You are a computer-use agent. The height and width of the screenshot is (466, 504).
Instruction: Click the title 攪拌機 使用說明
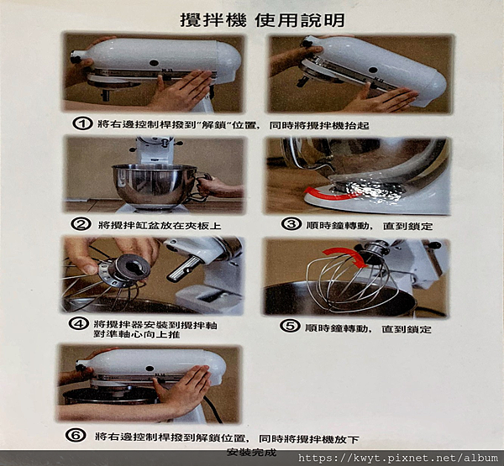(262, 20)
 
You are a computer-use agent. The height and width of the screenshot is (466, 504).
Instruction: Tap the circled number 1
(82, 123)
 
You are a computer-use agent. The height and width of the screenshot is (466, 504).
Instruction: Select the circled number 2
(81, 224)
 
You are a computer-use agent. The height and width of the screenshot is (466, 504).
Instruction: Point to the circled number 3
(291, 223)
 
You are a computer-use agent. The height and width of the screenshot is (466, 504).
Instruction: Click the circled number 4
(79, 323)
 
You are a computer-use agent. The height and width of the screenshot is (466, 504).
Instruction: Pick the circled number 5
(290, 326)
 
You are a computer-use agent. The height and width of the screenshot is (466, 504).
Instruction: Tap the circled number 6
(76, 435)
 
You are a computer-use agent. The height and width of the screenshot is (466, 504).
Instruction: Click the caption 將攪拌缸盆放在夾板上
(160, 225)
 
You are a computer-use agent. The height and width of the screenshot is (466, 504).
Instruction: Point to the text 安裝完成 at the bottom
(252, 453)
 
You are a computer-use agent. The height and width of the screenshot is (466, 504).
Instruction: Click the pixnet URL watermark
(398, 458)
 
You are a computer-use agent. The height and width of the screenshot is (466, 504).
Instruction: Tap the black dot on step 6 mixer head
(150, 369)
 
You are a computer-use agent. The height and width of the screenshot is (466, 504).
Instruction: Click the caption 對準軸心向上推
(137, 334)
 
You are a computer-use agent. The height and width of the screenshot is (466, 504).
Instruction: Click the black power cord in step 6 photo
(213, 409)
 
